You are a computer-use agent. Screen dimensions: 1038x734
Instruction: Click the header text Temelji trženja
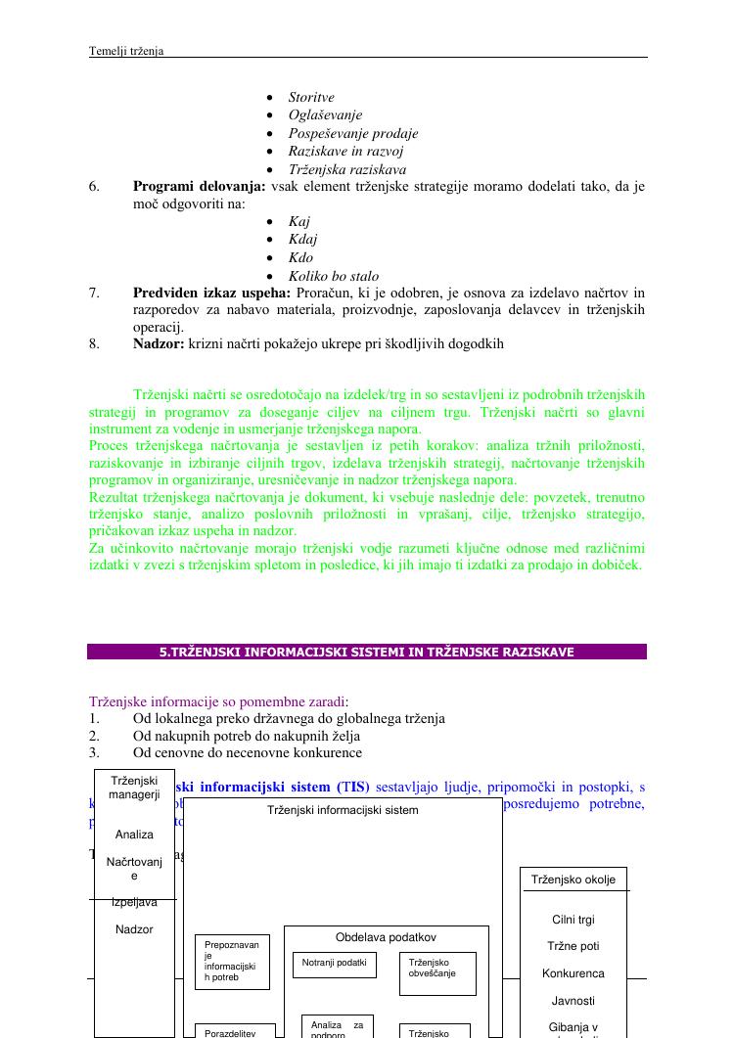[x=126, y=51]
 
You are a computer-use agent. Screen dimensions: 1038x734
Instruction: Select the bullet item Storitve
[x=311, y=98]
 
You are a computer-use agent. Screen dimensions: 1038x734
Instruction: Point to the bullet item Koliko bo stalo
[x=334, y=277]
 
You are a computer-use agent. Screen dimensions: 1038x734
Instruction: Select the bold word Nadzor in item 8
[x=158, y=344]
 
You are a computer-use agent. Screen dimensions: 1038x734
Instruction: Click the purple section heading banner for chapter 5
[x=367, y=652]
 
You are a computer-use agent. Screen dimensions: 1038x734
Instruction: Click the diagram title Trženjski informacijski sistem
[x=343, y=810]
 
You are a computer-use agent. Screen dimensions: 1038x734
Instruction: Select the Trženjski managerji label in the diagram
[x=134, y=788]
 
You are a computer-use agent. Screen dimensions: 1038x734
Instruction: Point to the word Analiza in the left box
[x=134, y=835]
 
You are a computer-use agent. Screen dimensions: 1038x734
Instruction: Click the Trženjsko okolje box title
[x=573, y=880]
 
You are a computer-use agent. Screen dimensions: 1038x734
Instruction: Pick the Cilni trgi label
[x=573, y=920]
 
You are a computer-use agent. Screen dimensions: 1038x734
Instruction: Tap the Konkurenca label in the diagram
[x=573, y=974]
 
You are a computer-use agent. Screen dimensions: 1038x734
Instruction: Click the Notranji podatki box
[x=334, y=965]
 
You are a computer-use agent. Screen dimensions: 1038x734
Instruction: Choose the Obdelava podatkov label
[x=386, y=937]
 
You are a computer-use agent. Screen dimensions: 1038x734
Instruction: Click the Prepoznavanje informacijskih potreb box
[x=232, y=961]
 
